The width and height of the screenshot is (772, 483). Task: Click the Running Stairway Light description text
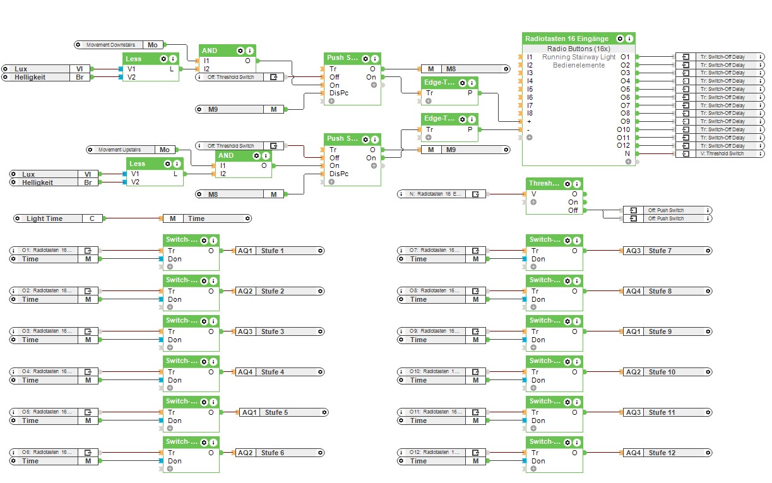pyautogui.click(x=578, y=57)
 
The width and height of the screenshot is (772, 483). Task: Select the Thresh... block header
pyautogui.click(x=544, y=183)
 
